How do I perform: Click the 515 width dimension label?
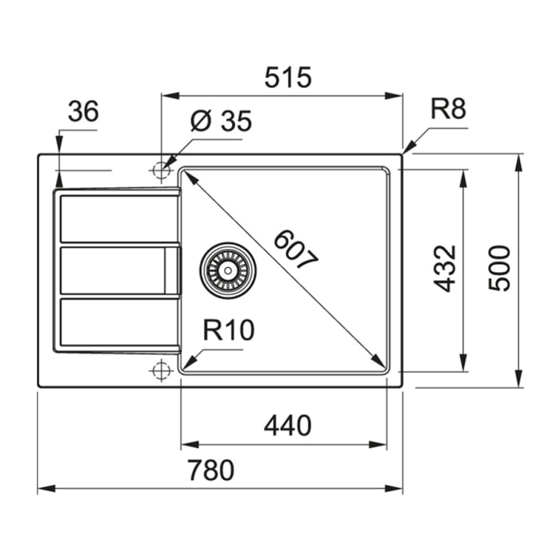287,78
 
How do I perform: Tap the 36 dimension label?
82,112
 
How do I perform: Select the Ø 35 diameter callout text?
222,122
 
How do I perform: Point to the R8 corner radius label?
448,109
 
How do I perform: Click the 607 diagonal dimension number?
295,249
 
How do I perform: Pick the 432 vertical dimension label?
445,268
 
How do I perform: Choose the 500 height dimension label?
498,268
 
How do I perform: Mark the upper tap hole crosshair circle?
162,170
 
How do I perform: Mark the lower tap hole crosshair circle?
162,370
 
